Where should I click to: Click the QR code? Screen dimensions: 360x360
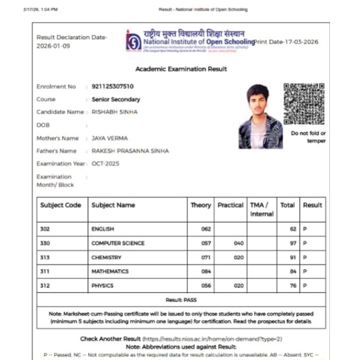click(x=304, y=103)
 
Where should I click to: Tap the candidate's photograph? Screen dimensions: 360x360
click(x=260, y=116)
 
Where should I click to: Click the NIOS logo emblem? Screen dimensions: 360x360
click(x=133, y=40)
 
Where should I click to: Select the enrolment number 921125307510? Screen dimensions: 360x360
click(x=113, y=86)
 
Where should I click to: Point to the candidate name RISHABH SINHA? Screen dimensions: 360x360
click(x=115, y=112)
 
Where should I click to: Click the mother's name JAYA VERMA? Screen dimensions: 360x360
click(x=110, y=138)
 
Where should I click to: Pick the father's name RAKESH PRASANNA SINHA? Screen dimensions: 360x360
click(x=130, y=151)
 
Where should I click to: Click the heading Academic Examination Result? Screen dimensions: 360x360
click(x=181, y=69)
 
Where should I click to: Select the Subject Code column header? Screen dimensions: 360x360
click(x=61, y=205)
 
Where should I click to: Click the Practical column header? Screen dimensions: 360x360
click(x=230, y=205)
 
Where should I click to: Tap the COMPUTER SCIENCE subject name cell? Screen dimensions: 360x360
click(x=118, y=243)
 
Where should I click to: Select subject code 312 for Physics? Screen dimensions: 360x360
click(x=45, y=286)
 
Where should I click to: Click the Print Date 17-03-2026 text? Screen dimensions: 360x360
click(x=286, y=42)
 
